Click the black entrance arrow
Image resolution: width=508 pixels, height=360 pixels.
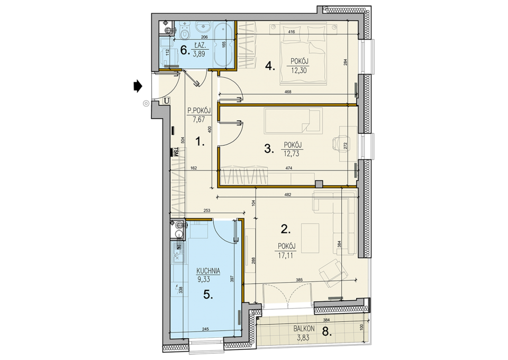[x=138, y=86]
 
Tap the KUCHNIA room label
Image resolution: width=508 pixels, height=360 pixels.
[x=208, y=271]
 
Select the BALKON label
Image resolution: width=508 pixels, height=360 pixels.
[x=304, y=329]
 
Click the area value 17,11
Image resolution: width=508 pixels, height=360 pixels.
[x=285, y=255]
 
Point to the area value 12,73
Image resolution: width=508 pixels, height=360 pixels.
[x=291, y=154]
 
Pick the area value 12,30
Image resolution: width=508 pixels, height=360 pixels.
[x=298, y=70]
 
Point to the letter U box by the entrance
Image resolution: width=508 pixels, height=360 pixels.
[x=166, y=101]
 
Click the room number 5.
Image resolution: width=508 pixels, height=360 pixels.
[x=208, y=294]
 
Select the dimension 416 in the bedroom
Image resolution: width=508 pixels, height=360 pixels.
[x=291, y=32]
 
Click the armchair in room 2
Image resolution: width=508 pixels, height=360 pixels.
[x=330, y=273]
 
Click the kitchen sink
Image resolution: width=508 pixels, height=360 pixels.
[x=178, y=253]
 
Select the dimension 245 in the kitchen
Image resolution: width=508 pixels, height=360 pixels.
[x=205, y=329]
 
